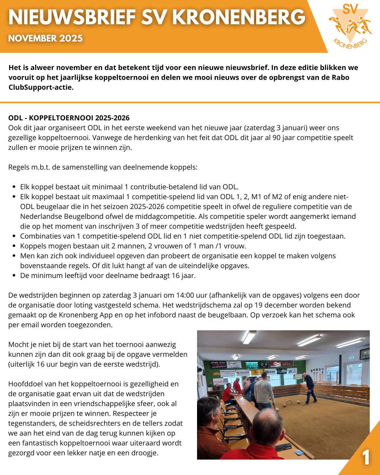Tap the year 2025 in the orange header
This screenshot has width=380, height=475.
click(x=71, y=38)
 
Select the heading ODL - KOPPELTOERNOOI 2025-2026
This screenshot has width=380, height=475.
click(x=69, y=118)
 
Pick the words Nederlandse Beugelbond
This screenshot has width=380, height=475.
click(x=57, y=216)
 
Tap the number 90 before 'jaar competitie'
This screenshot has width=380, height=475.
click(x=276, y=138)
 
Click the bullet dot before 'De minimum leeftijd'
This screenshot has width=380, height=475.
click(x=14, y=276)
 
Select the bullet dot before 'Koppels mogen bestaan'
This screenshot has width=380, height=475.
click(x=14, y=246)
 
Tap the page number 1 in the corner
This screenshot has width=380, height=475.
click(x=366, y=457)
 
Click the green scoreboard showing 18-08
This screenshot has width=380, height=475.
click(x=252, y=367)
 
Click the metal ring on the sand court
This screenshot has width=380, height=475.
click(x=289, y=402)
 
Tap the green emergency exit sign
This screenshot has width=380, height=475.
click(x=350, y=358)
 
